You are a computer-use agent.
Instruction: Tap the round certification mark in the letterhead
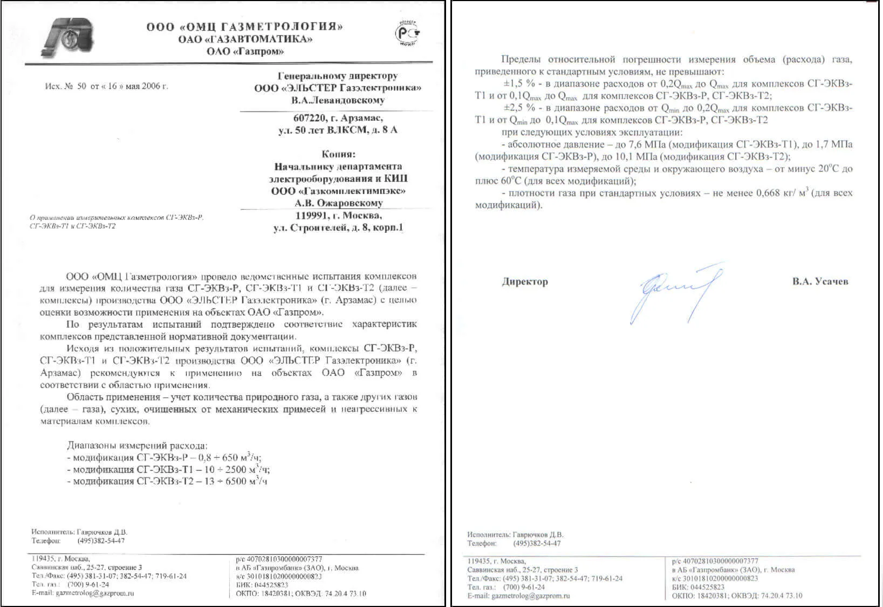coord(408,33)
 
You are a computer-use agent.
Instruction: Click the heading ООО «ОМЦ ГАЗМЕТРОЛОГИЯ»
coord(244,26)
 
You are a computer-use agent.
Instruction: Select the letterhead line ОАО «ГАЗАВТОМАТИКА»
coord(245,39)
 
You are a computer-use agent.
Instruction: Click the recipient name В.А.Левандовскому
coord(338,100)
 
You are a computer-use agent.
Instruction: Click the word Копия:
coord(339,154)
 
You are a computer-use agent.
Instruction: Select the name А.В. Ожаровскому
coord(339,203)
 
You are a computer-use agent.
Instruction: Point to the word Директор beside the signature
coord(524,281)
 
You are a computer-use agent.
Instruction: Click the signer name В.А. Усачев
coord(820,281)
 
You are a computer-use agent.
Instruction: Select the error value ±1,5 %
coord(519,84)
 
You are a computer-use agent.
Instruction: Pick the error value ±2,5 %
coord(519,108)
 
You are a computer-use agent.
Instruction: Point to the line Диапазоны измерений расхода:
coord(137,446)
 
